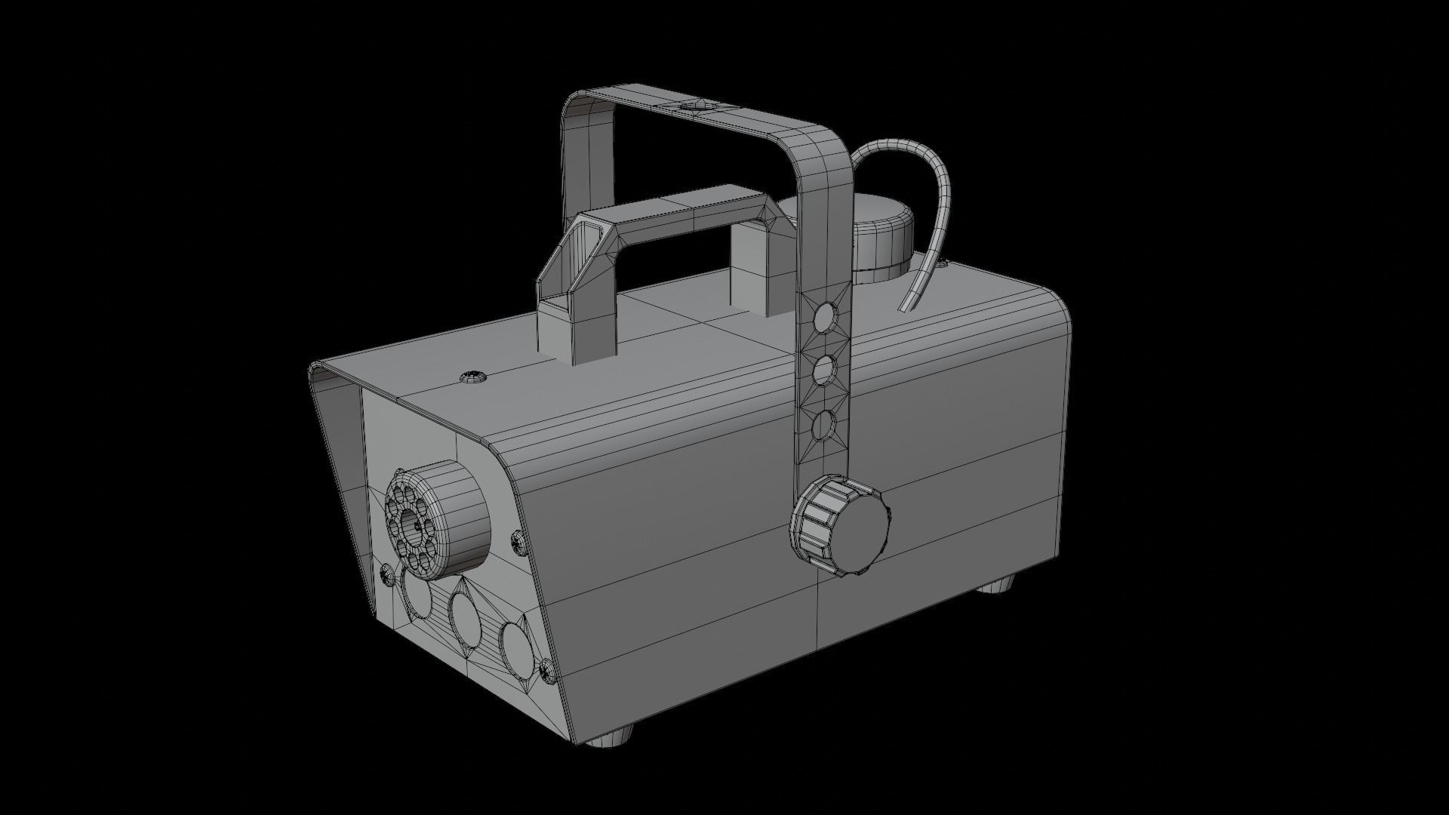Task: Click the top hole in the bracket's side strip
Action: (x=826, y=318)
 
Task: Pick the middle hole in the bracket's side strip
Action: (x=825, y=371)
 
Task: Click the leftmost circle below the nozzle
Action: (x=417, y=593)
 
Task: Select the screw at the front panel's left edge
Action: (x=386, y=575)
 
